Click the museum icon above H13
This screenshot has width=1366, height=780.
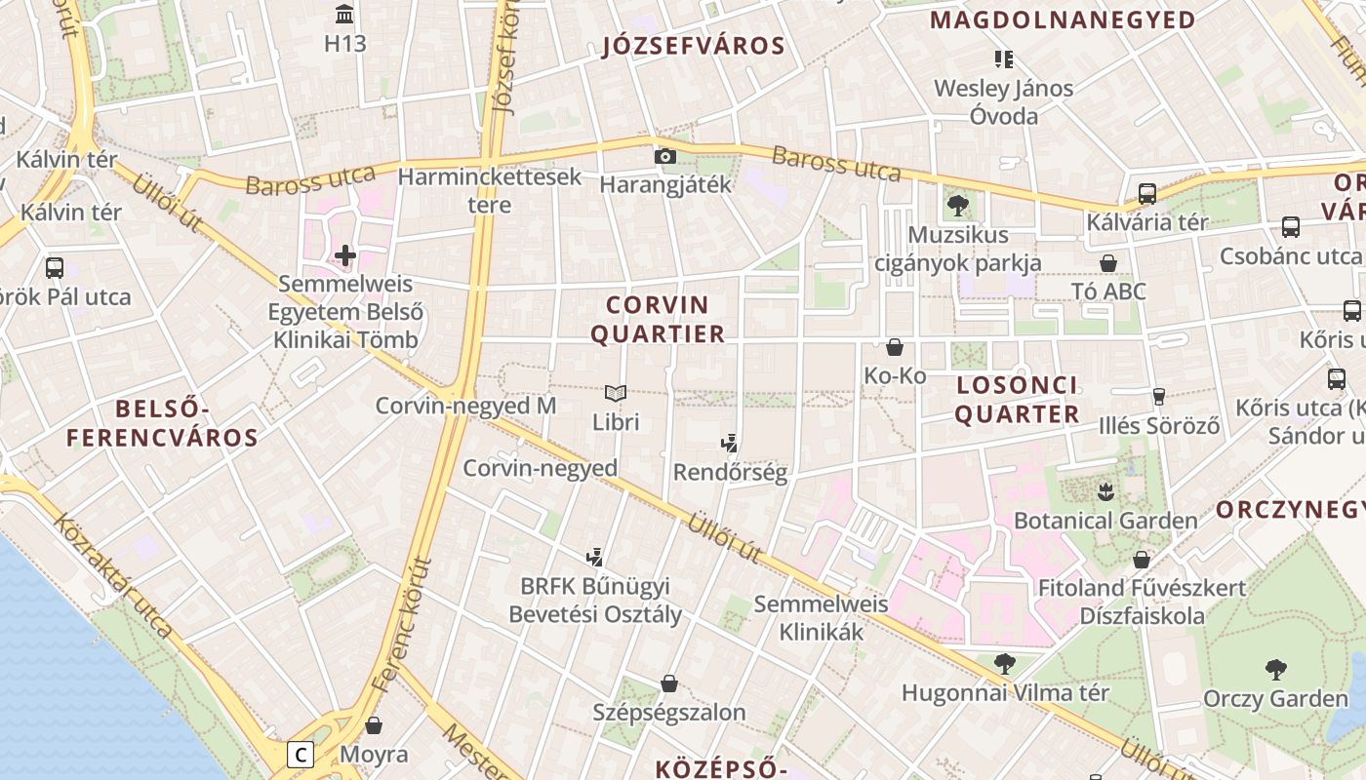pyautogui.click(x=344, y=15)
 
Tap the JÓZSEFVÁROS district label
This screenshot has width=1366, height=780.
pyautogui.click(x=694, y=46)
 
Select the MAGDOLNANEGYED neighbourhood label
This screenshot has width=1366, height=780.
pyautogui.click(x=1063, y=19)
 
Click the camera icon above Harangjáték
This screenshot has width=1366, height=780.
pyautogui.click(x=665, y=156)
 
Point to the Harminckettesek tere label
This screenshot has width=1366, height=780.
pyautogui.click(x=490, y=190)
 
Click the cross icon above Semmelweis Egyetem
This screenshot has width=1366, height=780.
pyautogui.click(x=345, y=256)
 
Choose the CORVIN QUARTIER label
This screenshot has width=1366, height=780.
pyautogui.click(x=659, y=319)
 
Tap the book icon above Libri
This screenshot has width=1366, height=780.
pyautogui.click(x=615, y=394)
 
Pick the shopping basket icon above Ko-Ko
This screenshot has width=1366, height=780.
pyautogui.click(x=895, y=347)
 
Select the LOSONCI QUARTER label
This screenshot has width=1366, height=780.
pyautogui.click(x=1017, y=399)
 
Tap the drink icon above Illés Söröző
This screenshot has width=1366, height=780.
pyautogui.click(x=1159, y=396)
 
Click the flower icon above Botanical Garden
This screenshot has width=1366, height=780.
pyautogui.click(x=1105, y=491)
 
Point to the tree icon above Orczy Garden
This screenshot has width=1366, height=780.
pyautogui.click(x=1275, y=670)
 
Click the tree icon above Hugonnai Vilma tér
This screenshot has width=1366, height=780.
pyautogui.click(x=1004, y=664)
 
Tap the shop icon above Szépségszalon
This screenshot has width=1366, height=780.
pyautogui.click(x=669, y=683)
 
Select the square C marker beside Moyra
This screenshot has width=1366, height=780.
pyautogui.click(x=301, y=755)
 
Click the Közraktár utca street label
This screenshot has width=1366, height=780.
pyautogui.click(x=115, y=577)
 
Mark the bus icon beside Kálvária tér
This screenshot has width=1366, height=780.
pyautogui.click(x=1147, y=193)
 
